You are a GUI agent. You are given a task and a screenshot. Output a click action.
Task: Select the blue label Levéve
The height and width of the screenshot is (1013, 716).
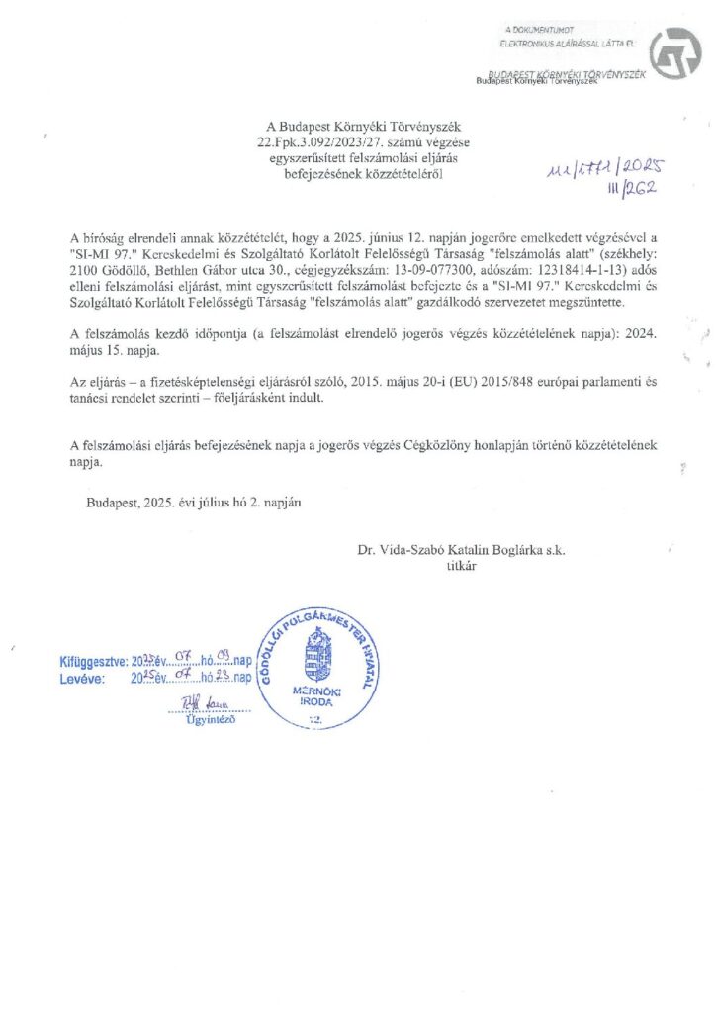click(81, 680)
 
